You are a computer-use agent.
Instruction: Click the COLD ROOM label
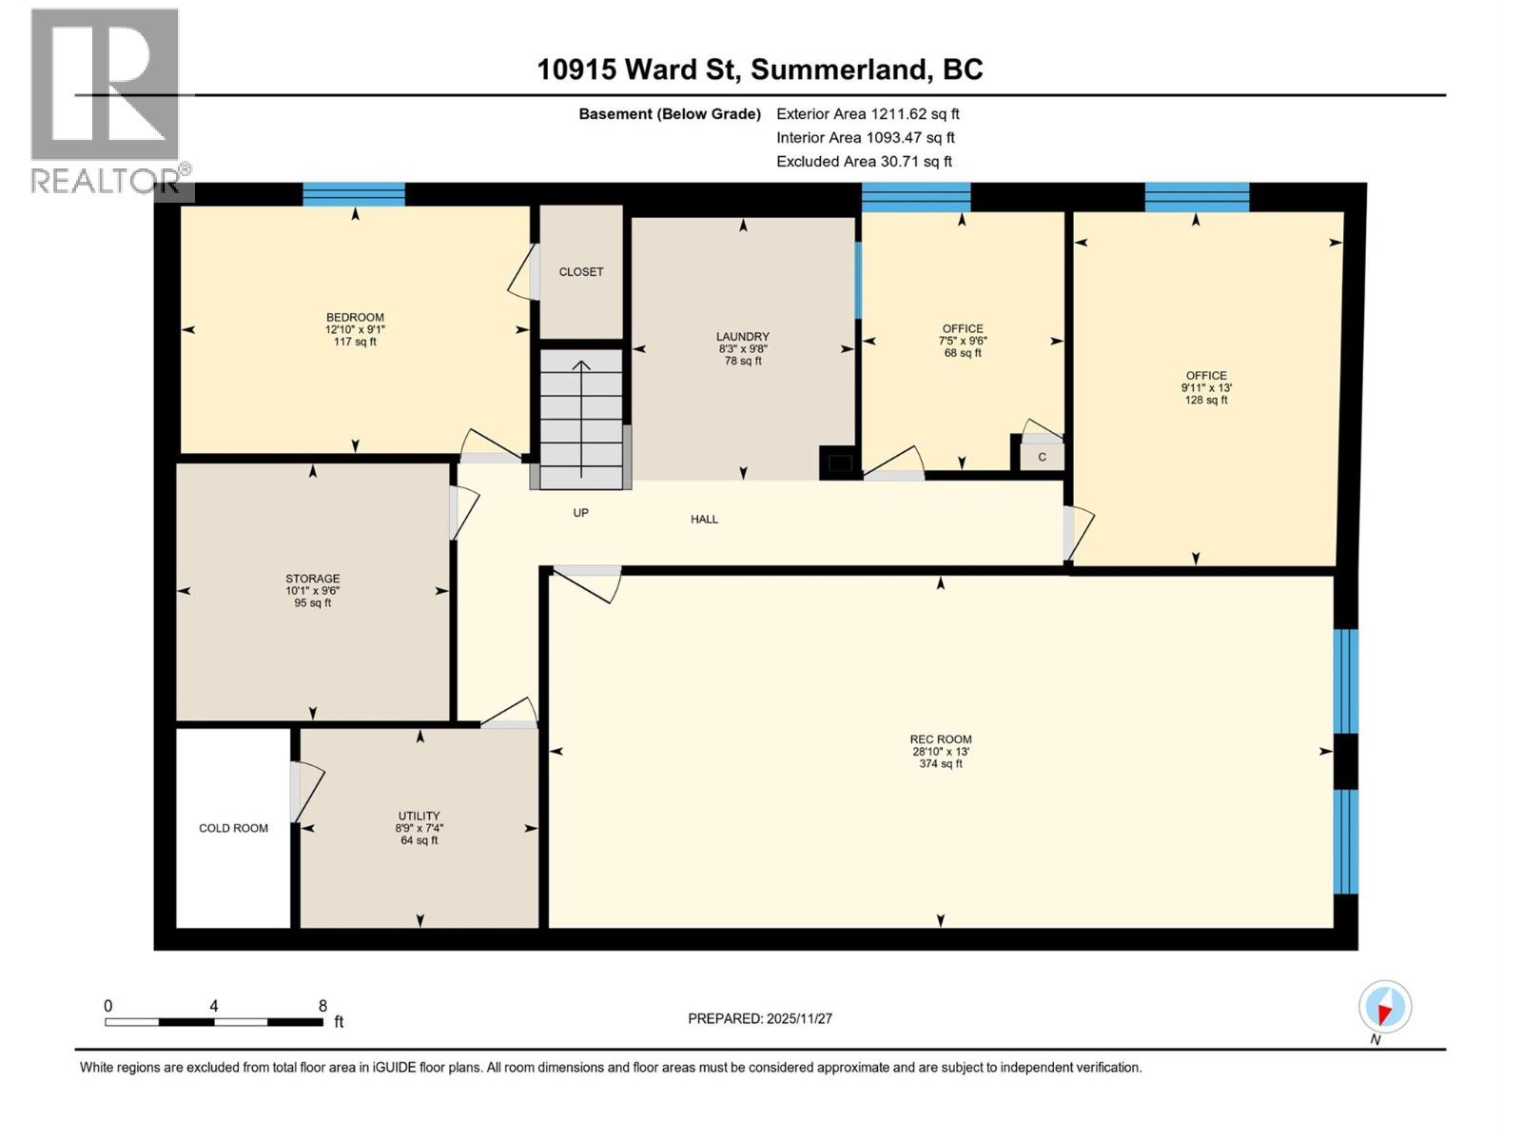point(233,828)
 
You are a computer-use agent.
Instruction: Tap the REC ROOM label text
point(940,739)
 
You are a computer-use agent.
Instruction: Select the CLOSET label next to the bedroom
point(581,272)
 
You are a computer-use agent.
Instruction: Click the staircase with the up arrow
point(580,419)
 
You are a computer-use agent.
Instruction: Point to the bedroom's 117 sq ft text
point(355,342)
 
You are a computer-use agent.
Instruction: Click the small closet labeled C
point(1042,457)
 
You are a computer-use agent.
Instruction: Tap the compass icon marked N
point(1385,1008)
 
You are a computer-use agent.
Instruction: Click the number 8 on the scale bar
point(322,1006)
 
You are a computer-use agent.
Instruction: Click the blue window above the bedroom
point(354,194)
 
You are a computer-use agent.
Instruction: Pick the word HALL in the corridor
point(704,519)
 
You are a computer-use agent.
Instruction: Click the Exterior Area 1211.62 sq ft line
point(868,114)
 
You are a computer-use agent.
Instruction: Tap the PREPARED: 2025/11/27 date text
point(760,1018)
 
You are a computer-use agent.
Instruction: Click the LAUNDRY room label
point(743,337)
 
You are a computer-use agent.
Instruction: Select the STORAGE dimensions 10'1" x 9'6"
point(313,591)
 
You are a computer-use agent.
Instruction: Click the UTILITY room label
point(419,816)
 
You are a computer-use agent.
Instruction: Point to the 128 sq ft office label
point(1205,401)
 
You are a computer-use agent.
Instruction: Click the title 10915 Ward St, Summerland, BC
point(759,69)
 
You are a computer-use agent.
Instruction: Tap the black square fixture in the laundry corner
point(839,463)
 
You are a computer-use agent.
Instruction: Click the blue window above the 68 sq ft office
point(916,197)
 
